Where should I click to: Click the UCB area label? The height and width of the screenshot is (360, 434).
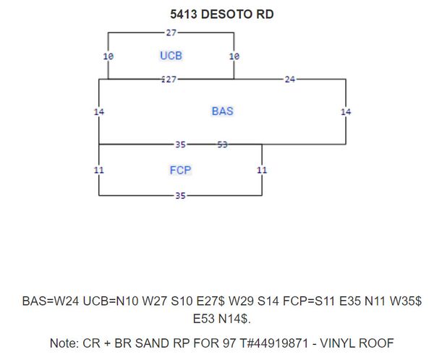(x=171, y=56)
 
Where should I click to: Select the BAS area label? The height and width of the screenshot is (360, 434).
(x=223, y=111)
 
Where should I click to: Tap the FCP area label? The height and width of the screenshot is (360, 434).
(x=180, y=170)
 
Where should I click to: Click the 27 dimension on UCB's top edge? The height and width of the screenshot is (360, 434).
(x=171, y=33)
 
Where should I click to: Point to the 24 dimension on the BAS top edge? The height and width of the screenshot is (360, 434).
(x=290, y=80)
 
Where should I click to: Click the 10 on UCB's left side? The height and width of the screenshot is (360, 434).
(x=109, y=56)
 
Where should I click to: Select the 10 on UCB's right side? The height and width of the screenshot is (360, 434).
(x=234, y=56)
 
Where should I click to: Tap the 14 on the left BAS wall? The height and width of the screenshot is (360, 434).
(x=99, y=112)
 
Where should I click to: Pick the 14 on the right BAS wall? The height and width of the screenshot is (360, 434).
(x=346, y=112)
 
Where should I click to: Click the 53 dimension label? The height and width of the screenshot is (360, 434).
(x=223, y=145)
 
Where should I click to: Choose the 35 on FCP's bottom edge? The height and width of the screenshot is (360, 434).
(x=180, y=196)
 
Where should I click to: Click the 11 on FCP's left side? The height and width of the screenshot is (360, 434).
(x=99, y=170)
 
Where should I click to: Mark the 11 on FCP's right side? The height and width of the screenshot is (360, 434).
(x=262, y=170)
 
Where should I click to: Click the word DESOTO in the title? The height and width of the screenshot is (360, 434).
(x=226, y=14)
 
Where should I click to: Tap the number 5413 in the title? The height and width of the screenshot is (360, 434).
(x=184, y=14)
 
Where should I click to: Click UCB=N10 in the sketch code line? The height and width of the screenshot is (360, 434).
(x=111, y=301)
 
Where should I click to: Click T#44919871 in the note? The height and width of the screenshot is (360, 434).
(x=273, y=343)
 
